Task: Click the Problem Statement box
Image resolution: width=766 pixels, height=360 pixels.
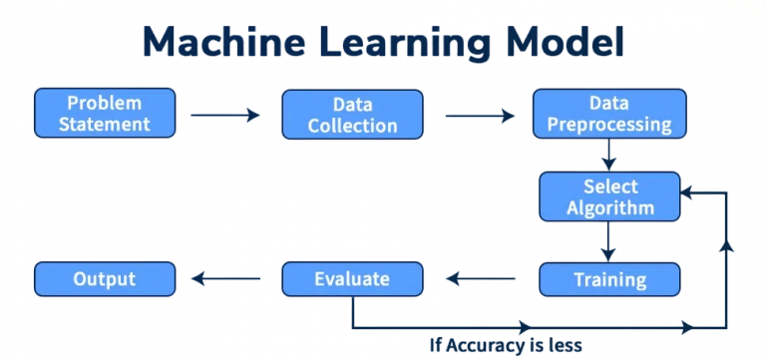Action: (x=105, y=113)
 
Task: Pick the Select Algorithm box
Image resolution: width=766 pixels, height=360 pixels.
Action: (x=609, y=196)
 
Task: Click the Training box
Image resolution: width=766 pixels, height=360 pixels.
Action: (x=609, y=279)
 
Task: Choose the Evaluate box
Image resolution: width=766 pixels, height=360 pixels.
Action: (x=352, y=279)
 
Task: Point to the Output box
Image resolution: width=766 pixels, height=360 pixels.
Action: (x=105, y=279)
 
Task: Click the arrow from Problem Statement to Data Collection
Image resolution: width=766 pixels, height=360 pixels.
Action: (x=225, y=115)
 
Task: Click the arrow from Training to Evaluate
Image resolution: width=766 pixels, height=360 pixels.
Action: (x=481, y=279)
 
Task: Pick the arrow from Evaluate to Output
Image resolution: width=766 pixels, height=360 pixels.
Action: (x=228, y=279)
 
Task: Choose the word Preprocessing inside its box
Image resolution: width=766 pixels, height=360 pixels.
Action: (x=609, y=125)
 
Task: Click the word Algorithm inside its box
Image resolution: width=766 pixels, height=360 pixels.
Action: (x=610, y=207)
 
